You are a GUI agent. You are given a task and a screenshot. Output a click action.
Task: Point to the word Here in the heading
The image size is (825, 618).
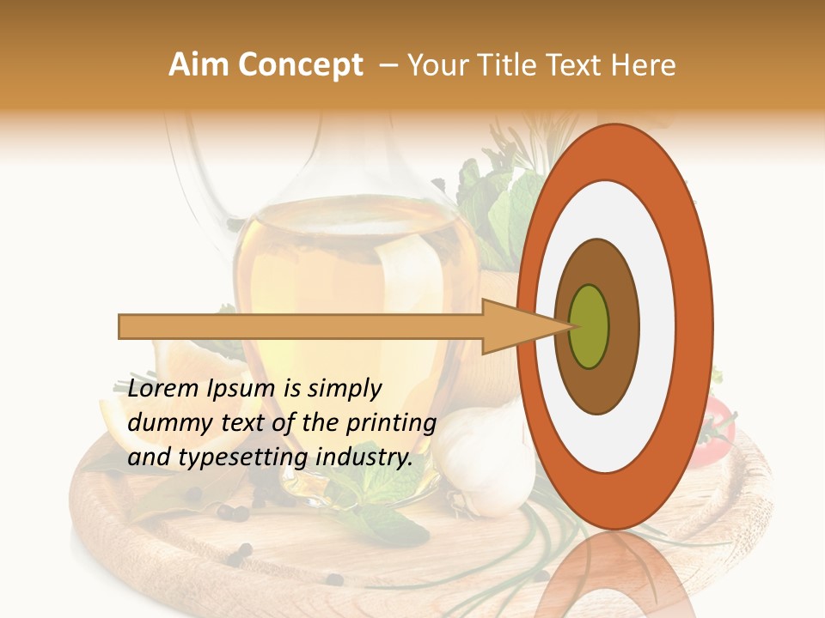645,65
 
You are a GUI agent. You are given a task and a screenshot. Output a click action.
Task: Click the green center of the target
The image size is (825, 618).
590,326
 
